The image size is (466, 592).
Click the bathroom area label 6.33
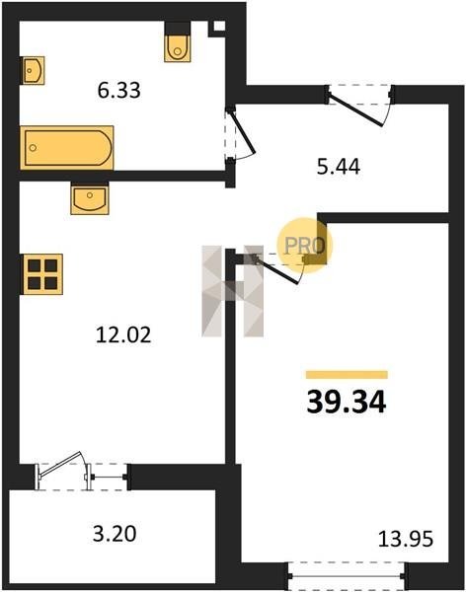pos(119,90)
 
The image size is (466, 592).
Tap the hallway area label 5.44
pos(339,167)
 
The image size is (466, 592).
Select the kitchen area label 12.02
pos(123,334)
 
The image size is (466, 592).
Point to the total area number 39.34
pos(347,403)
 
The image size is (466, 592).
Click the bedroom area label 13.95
pos(406,539)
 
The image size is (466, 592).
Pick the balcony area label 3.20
pos(115,534)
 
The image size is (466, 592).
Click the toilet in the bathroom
pos(178,41)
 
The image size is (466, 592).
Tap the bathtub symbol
pos(67,148)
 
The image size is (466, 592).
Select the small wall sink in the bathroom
pos(33,71)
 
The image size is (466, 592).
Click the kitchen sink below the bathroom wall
pos(90,198)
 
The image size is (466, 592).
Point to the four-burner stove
pos(42,274)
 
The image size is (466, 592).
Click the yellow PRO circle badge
pos(304,245)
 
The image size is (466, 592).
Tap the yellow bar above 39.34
pos(347,375)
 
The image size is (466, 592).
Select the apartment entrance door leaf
pos(355,110)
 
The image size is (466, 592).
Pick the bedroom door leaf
pos(276,270)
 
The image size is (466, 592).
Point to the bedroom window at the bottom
pos(347,576)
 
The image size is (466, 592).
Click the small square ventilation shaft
pos(219,27)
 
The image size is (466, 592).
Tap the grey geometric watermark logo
pos(232,291)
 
